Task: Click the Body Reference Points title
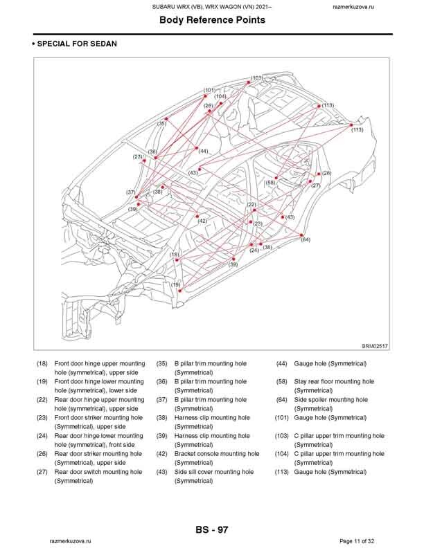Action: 212,20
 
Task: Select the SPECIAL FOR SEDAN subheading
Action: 76,44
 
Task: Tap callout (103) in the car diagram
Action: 256,78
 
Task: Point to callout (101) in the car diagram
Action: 209,91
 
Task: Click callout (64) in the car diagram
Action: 306,239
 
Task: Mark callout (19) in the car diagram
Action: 176,284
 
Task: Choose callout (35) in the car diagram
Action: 161,123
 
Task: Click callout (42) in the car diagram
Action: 202,221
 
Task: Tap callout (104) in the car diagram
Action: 220,97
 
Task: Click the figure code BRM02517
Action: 374,347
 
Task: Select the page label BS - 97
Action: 212,529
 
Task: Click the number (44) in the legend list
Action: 281,363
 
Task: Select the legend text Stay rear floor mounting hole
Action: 334,381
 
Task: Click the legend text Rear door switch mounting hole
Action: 98,472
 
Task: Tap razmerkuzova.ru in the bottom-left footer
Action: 69,540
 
